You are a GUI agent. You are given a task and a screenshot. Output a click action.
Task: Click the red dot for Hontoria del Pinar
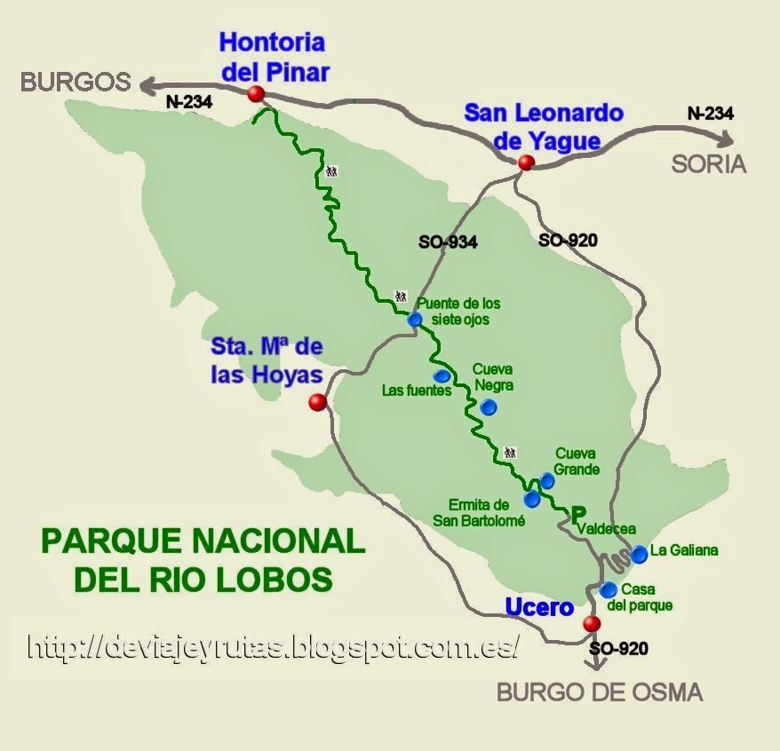click(257, 94)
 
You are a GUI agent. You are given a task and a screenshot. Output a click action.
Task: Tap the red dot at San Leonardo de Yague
click(526, 162)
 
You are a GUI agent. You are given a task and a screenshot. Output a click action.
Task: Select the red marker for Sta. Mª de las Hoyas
click(317, 403)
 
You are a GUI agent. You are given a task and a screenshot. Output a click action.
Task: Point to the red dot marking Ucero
click(591, 624)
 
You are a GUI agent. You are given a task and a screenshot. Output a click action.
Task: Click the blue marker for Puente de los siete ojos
click(415, 320)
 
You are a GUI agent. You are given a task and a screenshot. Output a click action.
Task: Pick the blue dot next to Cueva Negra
click(488, 407)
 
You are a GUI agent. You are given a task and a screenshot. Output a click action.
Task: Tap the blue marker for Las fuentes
click(442, 375)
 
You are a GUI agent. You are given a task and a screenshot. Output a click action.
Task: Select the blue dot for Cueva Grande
click(547, 480)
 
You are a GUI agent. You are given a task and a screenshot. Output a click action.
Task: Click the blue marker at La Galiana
click(640, 554)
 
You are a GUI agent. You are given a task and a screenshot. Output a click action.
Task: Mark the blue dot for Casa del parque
click(609, 589)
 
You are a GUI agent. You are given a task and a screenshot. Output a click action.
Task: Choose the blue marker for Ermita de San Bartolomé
click(531, 498)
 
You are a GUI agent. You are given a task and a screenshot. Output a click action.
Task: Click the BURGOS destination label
click(76, 83)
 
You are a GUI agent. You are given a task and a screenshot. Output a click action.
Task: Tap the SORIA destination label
click(709, 165)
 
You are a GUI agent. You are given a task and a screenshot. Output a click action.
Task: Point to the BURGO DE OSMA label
click(600, 692)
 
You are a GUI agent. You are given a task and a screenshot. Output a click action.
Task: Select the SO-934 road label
click(448, 241)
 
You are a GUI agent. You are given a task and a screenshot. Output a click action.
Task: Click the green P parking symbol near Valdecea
click(579, 513)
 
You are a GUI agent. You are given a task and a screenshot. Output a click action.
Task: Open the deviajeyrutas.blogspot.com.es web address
click(272, 646)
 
